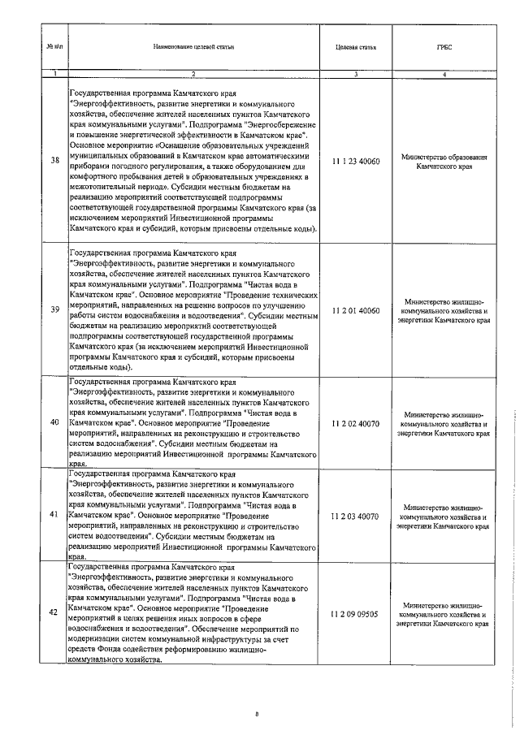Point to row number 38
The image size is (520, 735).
(54, 160)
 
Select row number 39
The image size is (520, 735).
(54, 309)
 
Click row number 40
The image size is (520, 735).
(54, 422)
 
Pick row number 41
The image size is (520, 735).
(54, 515)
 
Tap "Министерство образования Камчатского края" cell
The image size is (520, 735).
(444, 161)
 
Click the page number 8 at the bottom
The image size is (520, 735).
(257, 714)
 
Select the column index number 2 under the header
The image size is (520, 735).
(193, 75)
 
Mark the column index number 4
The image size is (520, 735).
(444, 75)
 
